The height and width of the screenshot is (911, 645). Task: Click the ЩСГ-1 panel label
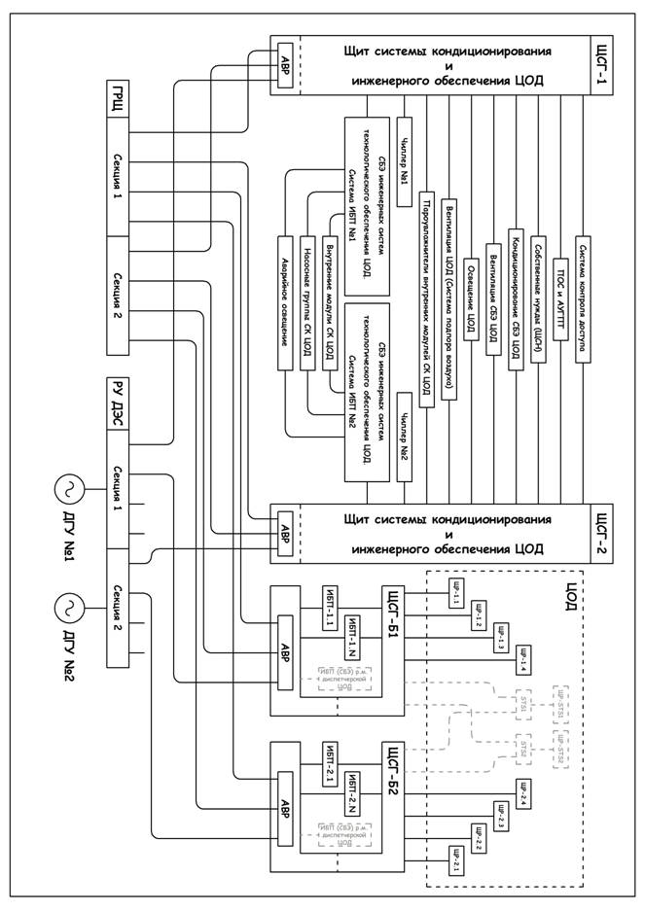click(604, 67)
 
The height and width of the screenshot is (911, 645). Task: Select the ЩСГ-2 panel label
click(604, 534)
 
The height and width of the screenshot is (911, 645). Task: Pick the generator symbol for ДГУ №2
click(71, 609)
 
